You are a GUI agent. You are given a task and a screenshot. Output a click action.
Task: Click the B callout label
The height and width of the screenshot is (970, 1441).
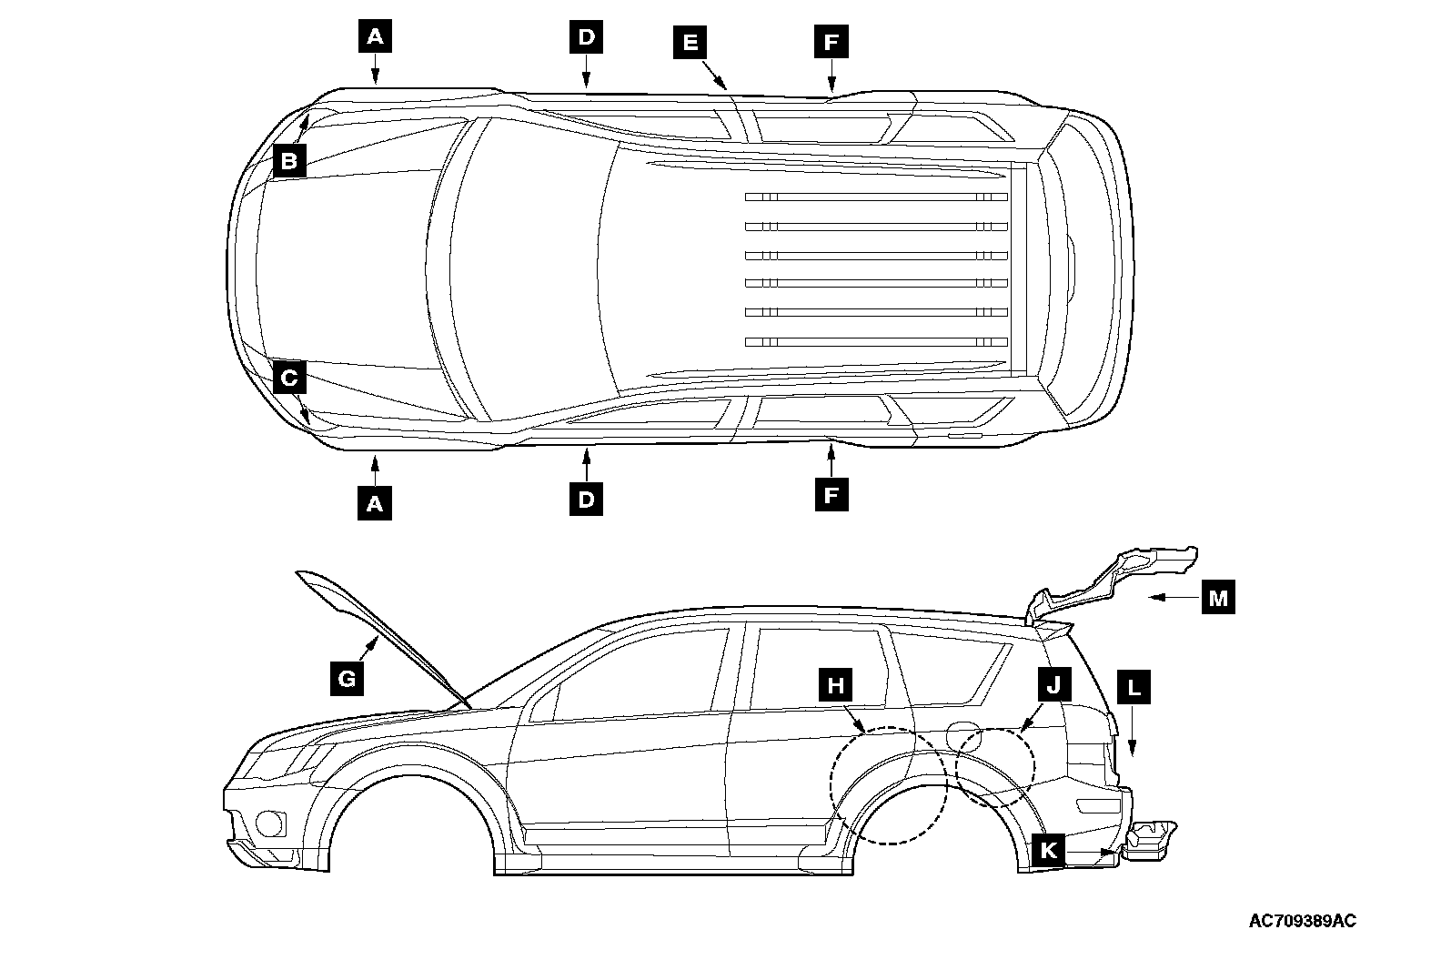pyautogui.click(x=288, y=162)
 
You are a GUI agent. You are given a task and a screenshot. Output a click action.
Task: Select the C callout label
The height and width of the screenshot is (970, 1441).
pyautogui.click(x=288, y=378)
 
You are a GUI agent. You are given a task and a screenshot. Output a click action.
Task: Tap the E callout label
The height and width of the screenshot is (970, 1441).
pyautogui.click(x=690, y=42)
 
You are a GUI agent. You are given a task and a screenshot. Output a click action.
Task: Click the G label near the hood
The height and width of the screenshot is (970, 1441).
pyautogui.click(x=347, y=678)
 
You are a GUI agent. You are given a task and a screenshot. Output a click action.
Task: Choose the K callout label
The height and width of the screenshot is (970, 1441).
pyautogui.click(x=1048, y=851)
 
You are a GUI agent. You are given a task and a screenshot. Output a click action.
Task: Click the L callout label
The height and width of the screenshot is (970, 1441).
pyautogui.click(x=1134, y=688)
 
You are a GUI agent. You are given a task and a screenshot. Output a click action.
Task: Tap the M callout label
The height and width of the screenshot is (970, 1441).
pyautogui.click(x=1218, y=598)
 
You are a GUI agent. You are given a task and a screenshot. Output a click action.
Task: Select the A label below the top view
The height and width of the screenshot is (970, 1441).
pyautogui.click(x=375, y=502)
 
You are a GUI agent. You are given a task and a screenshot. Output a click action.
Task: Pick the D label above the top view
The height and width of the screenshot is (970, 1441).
pyautogui.click(x=586, y=37)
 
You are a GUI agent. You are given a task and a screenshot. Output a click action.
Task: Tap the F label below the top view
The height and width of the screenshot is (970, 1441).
pyautogui.click(x=831, y=496)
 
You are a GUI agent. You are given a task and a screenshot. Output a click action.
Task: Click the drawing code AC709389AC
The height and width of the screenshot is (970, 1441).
pyautogui.click(x=1302, y=921)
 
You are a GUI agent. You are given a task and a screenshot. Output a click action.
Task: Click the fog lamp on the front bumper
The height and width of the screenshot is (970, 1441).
pyautogui.click(x=270, y=823)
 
